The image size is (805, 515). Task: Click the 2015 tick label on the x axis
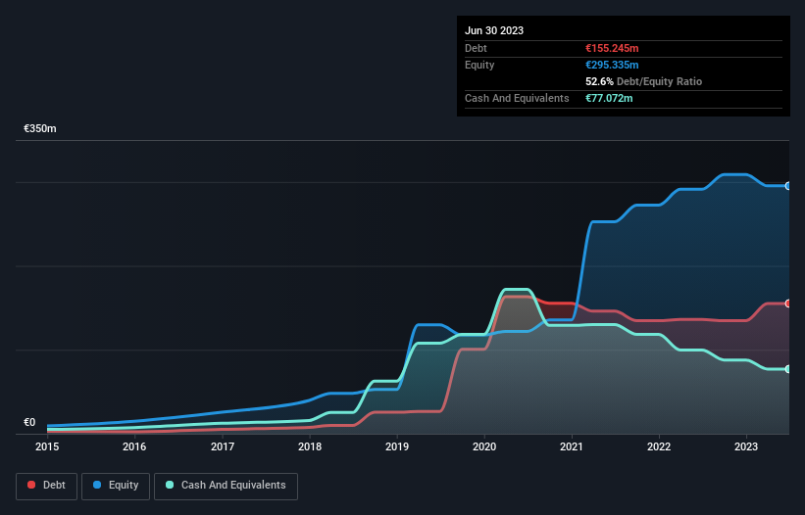pos(47,447)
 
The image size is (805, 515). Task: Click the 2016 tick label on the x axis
pos(134,447)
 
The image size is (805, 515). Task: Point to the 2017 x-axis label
pos(223,447)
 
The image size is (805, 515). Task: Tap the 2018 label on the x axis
pos(310,447)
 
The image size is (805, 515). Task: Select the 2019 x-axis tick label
pos(397,447)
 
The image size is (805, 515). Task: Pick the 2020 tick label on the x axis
pos(484,447)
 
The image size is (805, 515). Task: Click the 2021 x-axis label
pos(573,447)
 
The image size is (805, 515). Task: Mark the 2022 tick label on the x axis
pos(660,447)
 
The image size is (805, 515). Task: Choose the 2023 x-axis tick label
pos(747,447)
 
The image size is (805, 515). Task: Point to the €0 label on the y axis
pos(29,423)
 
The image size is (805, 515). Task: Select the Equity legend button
pos(116,486)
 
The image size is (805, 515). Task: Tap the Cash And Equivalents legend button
pos(226,486)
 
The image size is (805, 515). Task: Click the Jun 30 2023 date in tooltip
pos(494,30)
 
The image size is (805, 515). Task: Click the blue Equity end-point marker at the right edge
pos(788,186)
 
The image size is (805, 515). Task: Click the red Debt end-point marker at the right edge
pos(788,304)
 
